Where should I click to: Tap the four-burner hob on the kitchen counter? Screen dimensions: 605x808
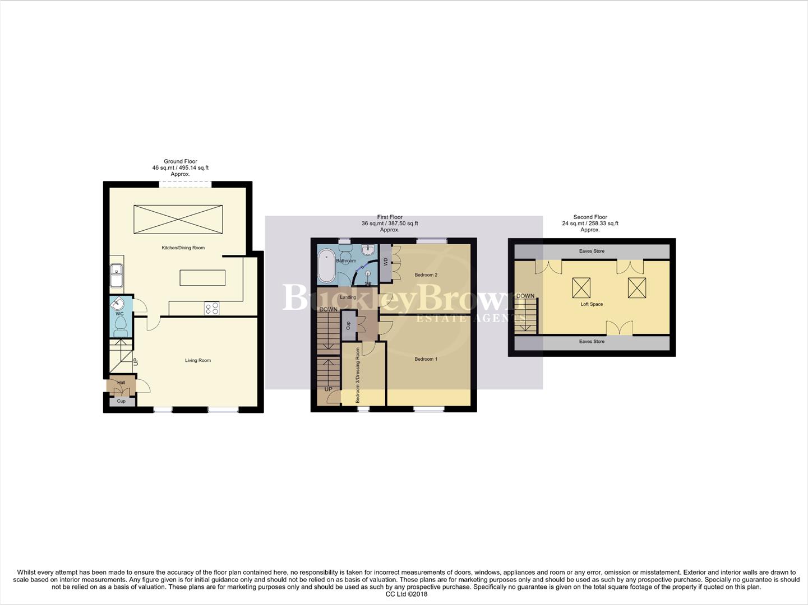pos(212,308)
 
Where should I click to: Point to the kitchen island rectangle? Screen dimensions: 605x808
pos(202,278)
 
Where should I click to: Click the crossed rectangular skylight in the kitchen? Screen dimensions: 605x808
pos(178,220)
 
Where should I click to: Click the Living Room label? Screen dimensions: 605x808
pos(198,360)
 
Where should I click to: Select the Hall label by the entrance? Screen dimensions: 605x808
pos(121,383)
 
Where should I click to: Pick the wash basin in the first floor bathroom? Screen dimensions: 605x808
pos(368,250)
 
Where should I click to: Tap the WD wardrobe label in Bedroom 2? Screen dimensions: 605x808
pos(385,262)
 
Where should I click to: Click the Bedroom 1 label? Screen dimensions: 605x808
pos(426,359)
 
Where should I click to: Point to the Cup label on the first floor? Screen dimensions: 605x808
pos(348,325)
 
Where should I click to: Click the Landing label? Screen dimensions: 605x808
pos(348,297)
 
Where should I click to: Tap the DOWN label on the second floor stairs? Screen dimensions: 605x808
pos(525,296)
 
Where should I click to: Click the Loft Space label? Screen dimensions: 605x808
pos(592,304)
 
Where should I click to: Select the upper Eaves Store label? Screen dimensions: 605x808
pos(592,251)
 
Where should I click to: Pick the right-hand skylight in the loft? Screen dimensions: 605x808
pos(637,288)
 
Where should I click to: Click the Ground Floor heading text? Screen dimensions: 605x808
pos(180,161)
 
